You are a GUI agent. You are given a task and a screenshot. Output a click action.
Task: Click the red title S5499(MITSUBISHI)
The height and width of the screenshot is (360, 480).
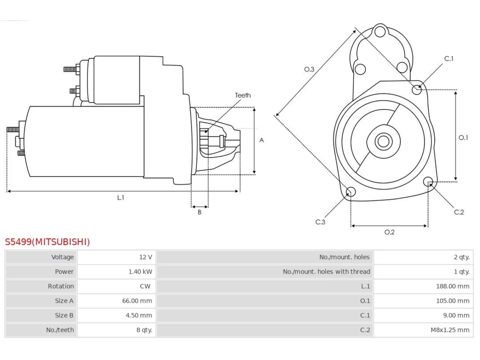47,242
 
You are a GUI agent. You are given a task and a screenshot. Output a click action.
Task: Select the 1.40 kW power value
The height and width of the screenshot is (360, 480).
140,271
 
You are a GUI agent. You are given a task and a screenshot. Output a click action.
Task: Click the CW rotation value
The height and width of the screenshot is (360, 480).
145,286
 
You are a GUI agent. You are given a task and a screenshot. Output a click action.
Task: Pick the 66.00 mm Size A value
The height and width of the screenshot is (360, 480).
137,301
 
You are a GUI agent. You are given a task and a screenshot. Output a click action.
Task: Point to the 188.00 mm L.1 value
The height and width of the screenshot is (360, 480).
453,286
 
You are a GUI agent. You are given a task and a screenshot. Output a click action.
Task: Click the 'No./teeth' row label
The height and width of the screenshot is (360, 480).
60,330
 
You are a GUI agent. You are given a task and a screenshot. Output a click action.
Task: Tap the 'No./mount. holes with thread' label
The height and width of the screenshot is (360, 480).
326,271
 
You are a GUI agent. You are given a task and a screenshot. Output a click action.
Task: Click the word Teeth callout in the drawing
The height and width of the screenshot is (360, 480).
243,95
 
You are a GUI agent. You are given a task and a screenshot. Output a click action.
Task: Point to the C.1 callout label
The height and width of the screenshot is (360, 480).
449,58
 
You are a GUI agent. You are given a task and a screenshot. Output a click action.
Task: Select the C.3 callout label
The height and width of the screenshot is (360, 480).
320,222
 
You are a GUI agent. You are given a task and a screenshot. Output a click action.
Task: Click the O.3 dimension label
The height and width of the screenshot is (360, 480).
309,69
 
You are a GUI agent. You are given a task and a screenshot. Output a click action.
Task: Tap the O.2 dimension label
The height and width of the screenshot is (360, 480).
389,232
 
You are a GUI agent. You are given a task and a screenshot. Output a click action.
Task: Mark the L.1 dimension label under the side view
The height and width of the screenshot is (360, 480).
120,198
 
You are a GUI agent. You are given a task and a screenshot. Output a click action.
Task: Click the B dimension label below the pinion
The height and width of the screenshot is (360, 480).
199,212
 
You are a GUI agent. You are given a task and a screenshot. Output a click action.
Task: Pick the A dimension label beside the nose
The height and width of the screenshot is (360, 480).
261,140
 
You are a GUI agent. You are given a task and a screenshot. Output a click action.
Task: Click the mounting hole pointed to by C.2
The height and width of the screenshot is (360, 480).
428,181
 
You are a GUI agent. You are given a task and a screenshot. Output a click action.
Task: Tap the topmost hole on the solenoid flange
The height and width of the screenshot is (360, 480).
380,31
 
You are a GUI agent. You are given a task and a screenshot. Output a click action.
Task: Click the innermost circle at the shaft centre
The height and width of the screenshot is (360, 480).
383,141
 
